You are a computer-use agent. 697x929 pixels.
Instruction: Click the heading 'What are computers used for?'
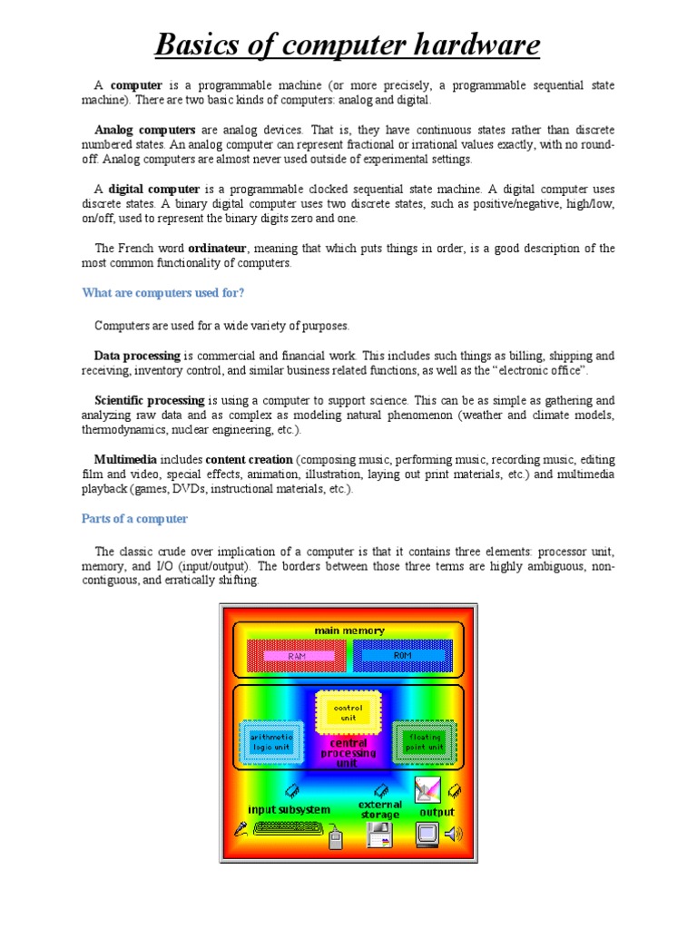point(163,292)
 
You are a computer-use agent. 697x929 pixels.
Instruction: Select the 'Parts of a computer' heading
point(135,519)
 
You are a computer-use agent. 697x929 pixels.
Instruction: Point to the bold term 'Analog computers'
point(145,130)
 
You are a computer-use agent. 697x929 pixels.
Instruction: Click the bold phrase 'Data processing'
point(138,356)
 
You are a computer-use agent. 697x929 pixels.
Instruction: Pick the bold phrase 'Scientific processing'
point(150,400)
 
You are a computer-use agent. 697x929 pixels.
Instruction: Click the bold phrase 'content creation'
point(249,460)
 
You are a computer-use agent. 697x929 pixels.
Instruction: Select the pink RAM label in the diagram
point(298,655)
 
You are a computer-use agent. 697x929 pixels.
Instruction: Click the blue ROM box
point(402,655)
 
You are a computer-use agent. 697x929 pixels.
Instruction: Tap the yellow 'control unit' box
point(349,713)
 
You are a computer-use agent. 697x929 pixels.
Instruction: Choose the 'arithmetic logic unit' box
point(270,742)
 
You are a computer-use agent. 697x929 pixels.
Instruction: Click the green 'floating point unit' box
point(425,742)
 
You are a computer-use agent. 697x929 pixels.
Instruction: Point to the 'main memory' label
point(349,631)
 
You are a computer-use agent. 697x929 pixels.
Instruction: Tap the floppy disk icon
point(380,835)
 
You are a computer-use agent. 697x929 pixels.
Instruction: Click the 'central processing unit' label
point(348,753)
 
